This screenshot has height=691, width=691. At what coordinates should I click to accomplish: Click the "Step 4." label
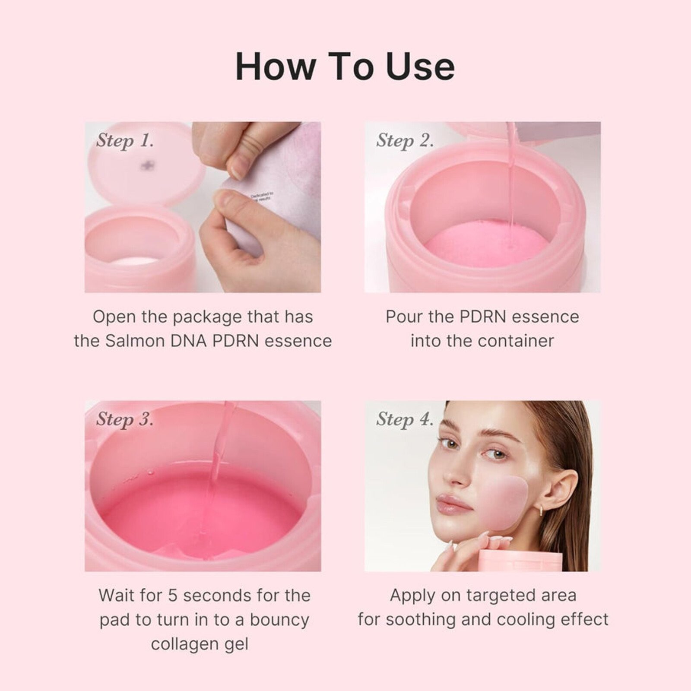(405, 419)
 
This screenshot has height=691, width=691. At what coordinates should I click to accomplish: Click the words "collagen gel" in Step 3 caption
(200, 644)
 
